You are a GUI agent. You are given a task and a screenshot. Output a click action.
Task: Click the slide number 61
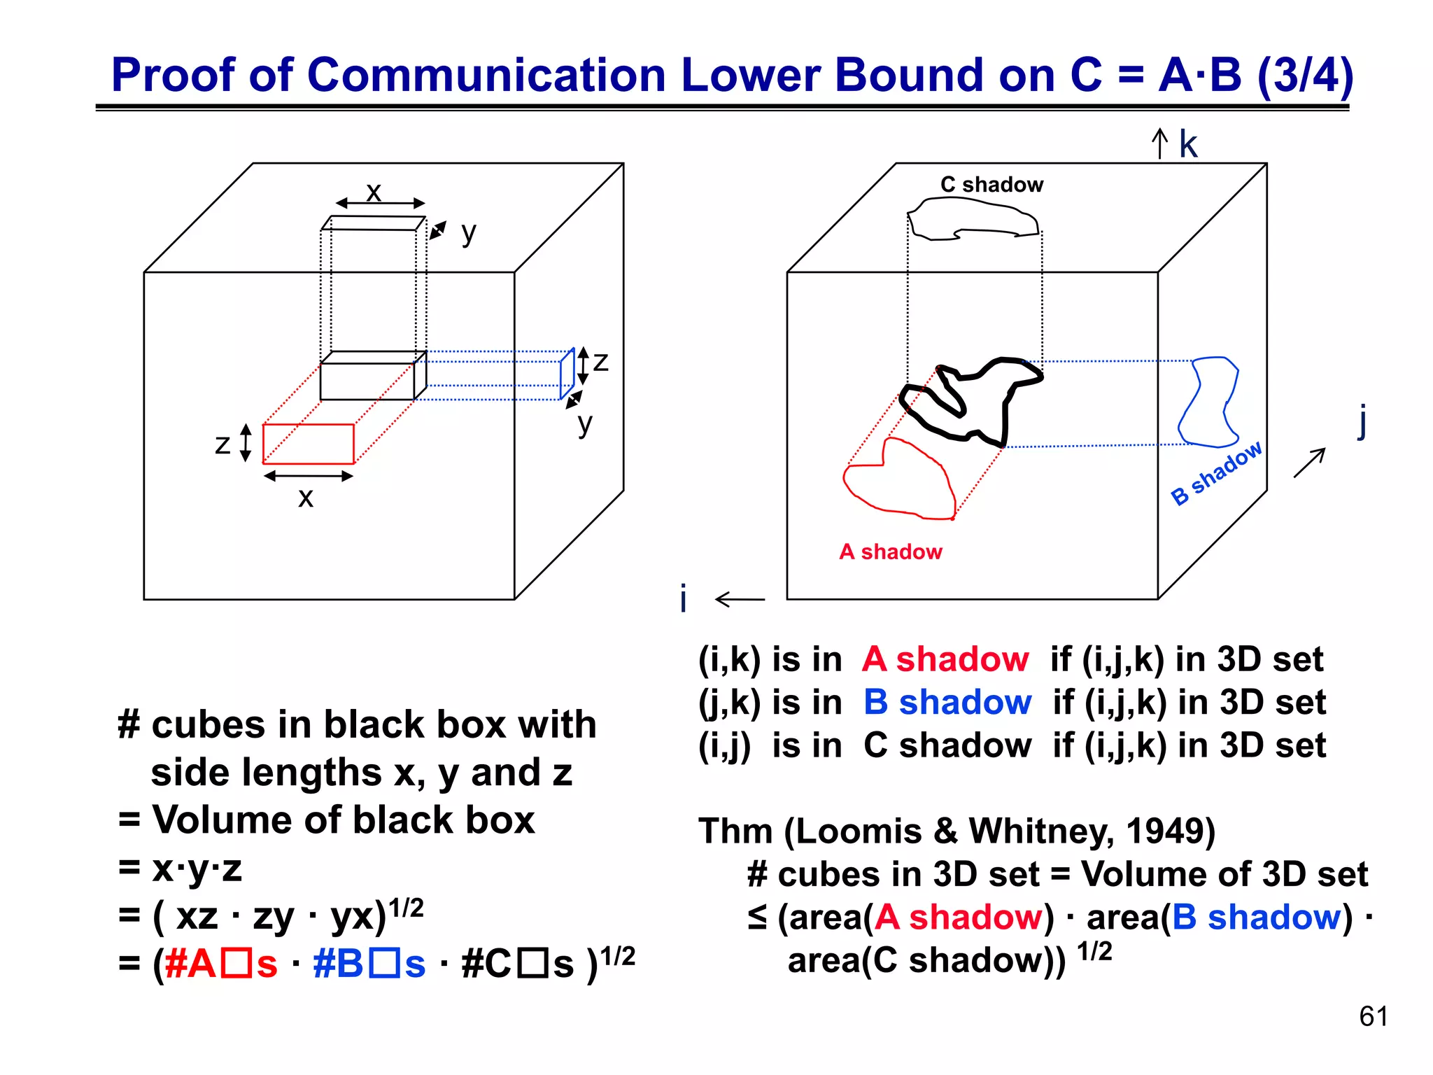(x=1373, y=1016)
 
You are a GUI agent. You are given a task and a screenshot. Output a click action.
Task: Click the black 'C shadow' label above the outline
(x=991, y=185)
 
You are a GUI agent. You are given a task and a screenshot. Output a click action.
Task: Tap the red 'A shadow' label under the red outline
(x=890, y=551)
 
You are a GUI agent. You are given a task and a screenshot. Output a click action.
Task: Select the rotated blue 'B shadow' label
(x=1216, y=472)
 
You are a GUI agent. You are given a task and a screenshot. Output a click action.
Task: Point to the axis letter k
(x=1188, y=145)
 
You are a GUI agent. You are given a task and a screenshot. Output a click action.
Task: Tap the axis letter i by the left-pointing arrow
(x=684, y=599)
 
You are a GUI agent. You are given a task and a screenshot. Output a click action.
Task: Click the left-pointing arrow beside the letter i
(x=740, y=599)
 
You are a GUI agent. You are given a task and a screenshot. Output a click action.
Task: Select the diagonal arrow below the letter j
(x=1309, y=463)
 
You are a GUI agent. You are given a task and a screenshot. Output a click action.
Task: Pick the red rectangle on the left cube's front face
(x=308, y=444)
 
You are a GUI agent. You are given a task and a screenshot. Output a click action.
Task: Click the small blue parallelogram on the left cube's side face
(x=567, y=374)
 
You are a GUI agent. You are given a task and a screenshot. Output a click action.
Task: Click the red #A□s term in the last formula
(x=221, y=964)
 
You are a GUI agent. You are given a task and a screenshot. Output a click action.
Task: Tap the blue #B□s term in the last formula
(x=369, y=964)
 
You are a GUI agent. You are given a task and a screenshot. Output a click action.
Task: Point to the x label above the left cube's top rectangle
(x=374, y=191)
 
